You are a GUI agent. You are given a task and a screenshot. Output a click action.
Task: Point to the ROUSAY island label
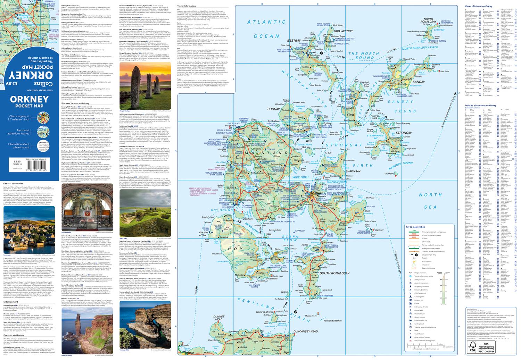pos(274,109)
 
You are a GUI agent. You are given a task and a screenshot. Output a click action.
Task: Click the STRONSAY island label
pos(403,133)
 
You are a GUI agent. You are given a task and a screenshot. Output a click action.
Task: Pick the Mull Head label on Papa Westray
pos(338,26)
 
